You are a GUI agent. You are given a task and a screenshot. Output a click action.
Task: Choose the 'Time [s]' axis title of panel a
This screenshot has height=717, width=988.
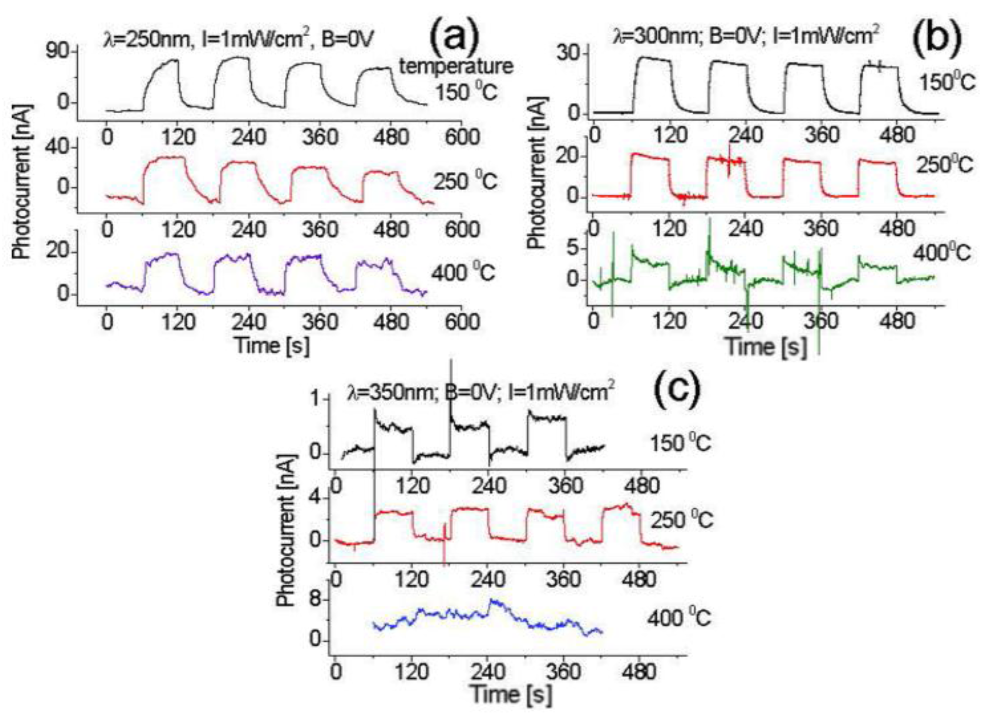pos(272,345)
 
